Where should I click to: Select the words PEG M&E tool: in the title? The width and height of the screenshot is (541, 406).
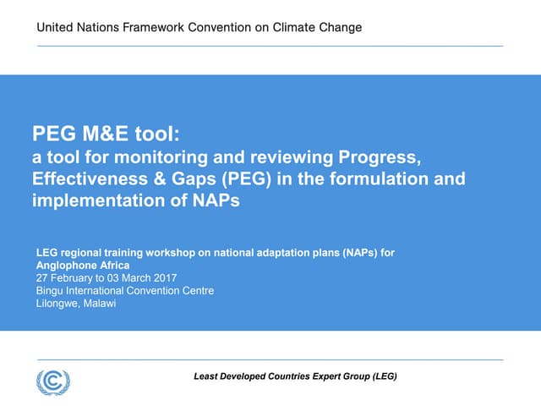tap(107, 134)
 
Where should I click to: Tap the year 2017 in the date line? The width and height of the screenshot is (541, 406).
tap(163, 277)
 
